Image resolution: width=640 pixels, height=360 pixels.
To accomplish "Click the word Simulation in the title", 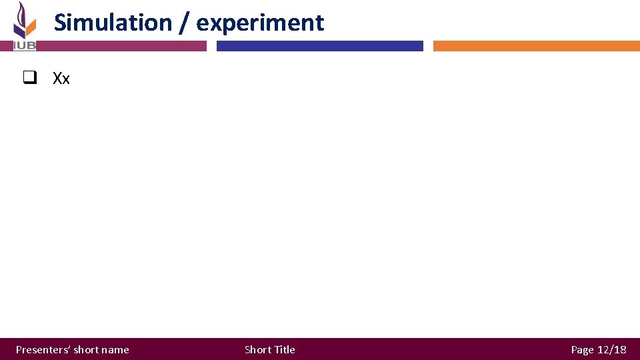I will pyautogui.click(x=113, y=23).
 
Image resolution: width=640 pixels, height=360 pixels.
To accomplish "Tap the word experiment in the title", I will pyautogui.click(x=260, y=23).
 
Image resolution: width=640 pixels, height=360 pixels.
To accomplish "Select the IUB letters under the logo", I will pyautogui.click(x=25, y=45).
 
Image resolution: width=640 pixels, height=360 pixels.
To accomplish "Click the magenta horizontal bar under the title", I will pyautogui.click(x=120, y=46).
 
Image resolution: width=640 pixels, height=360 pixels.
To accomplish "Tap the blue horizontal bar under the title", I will pyautogui.click(x=320, y=46).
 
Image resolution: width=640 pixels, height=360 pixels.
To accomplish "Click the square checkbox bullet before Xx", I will pyautogui.click(x=28, y=79).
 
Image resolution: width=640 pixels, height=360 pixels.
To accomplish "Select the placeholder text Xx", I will pyautogui.click(x=61, y=79).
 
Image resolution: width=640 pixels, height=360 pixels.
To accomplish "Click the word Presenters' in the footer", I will pyautogui.click(x=43, y=349).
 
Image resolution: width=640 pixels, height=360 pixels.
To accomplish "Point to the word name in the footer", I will pyautogui.click(x=116, y=349).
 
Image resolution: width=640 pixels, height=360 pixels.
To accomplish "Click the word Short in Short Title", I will pyautogui.click(x=257, y=349).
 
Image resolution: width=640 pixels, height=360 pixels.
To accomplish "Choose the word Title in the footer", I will pyautogui.click(x=284, y=349).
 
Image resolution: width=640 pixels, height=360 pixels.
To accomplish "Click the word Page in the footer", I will pyautogui.click(x=582, y=349).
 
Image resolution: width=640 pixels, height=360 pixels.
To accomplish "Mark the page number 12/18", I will pyautogui.click(x=611, y=349).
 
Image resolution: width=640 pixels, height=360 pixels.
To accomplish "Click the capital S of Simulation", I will pyautogui.click(x=61, y=23).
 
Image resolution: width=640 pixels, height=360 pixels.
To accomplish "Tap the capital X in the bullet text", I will pyautogui.click(x=57, y=79).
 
